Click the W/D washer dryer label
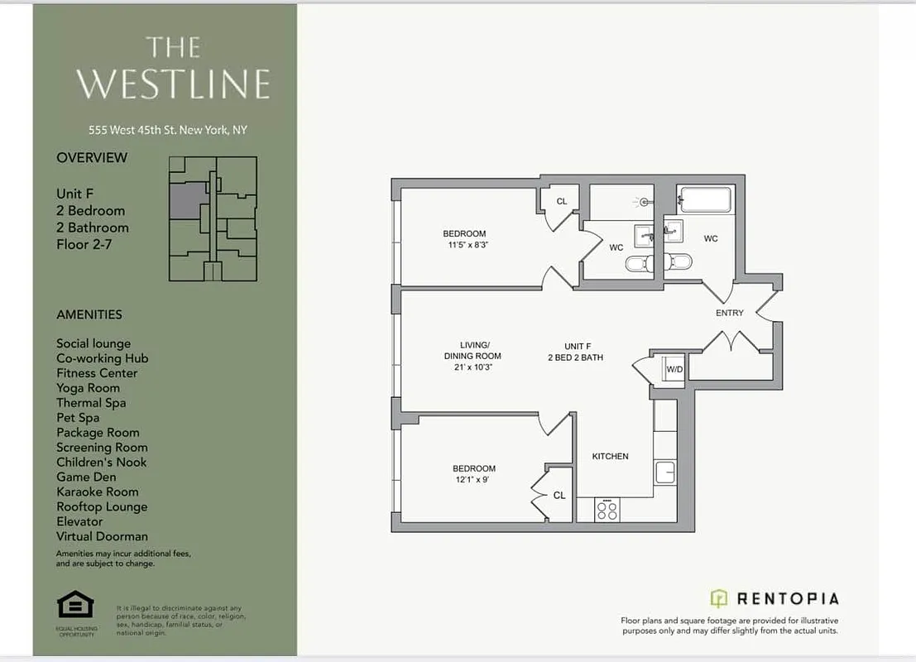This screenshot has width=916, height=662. pyautogui.click(x=675, y=369)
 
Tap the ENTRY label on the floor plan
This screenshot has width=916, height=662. pyautogui.click(x=729, y=313)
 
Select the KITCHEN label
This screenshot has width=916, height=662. pyautogui.click(x=610, y=456)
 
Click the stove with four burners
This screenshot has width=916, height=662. pyautogui.click(x=607, y=510)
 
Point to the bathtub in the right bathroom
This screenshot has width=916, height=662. pyautogui.click(x=705, y=199)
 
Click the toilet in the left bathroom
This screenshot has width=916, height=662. pyautogui.click(x=638, y=263)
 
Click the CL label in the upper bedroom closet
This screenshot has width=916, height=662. pyautogui.click(x=562, y=201)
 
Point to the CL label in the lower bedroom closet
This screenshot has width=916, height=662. pyautogui.click(x=559, y=495)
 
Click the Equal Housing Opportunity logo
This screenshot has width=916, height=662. pyautogui.click(x=75, y=606)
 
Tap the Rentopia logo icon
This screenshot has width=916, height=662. pyautogui.click(x=719, y=598)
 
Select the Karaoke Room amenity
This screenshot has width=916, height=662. pyautogui.click(x=97, y=492)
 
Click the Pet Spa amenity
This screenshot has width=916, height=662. pyautogui.click(x=78, y=418)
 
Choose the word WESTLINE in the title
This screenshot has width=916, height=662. pyautogui.click(x=174, y=84)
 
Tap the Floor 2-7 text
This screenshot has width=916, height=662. pyautogui.click(x=85, y=244)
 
